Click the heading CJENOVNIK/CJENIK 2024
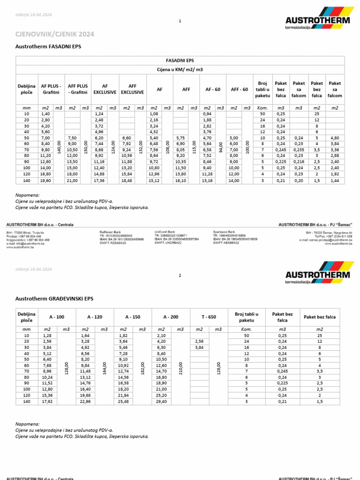pos(55,34)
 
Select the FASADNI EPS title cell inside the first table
pos(180,60)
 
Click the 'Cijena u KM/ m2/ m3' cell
pos(180,69)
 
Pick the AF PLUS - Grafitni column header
pos(51,90)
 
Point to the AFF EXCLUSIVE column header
pos(132,90)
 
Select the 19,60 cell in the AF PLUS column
pos(45,180)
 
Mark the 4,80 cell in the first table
pos(334,138)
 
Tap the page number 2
pos(180,276)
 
